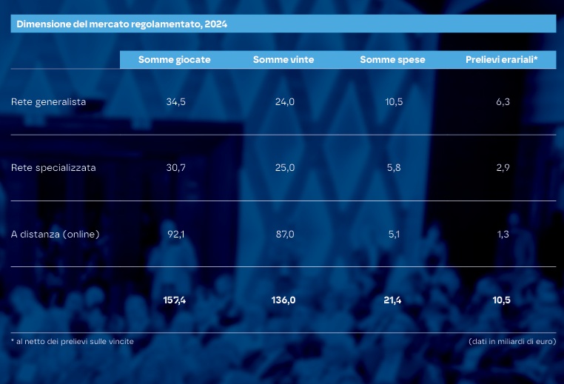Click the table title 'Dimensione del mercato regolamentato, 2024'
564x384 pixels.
122,24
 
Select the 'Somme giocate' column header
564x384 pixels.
174,60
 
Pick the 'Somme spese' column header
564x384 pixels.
392,60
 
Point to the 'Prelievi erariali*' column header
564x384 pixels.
502,60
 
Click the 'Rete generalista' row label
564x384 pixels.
49,102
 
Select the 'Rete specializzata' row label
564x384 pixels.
53,168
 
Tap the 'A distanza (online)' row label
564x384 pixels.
56,235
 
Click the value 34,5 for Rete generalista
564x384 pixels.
175,102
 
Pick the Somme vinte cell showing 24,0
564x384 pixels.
285,102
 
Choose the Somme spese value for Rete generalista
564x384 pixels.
394,102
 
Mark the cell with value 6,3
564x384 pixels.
503,102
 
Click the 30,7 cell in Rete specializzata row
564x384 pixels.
175,168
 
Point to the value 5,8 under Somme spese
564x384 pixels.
394,168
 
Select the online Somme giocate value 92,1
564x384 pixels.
175,235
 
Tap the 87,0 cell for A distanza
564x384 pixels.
285,235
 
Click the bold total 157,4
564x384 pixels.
175,300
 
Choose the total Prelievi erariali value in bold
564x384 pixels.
502,300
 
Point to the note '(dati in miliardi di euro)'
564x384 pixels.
512,341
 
